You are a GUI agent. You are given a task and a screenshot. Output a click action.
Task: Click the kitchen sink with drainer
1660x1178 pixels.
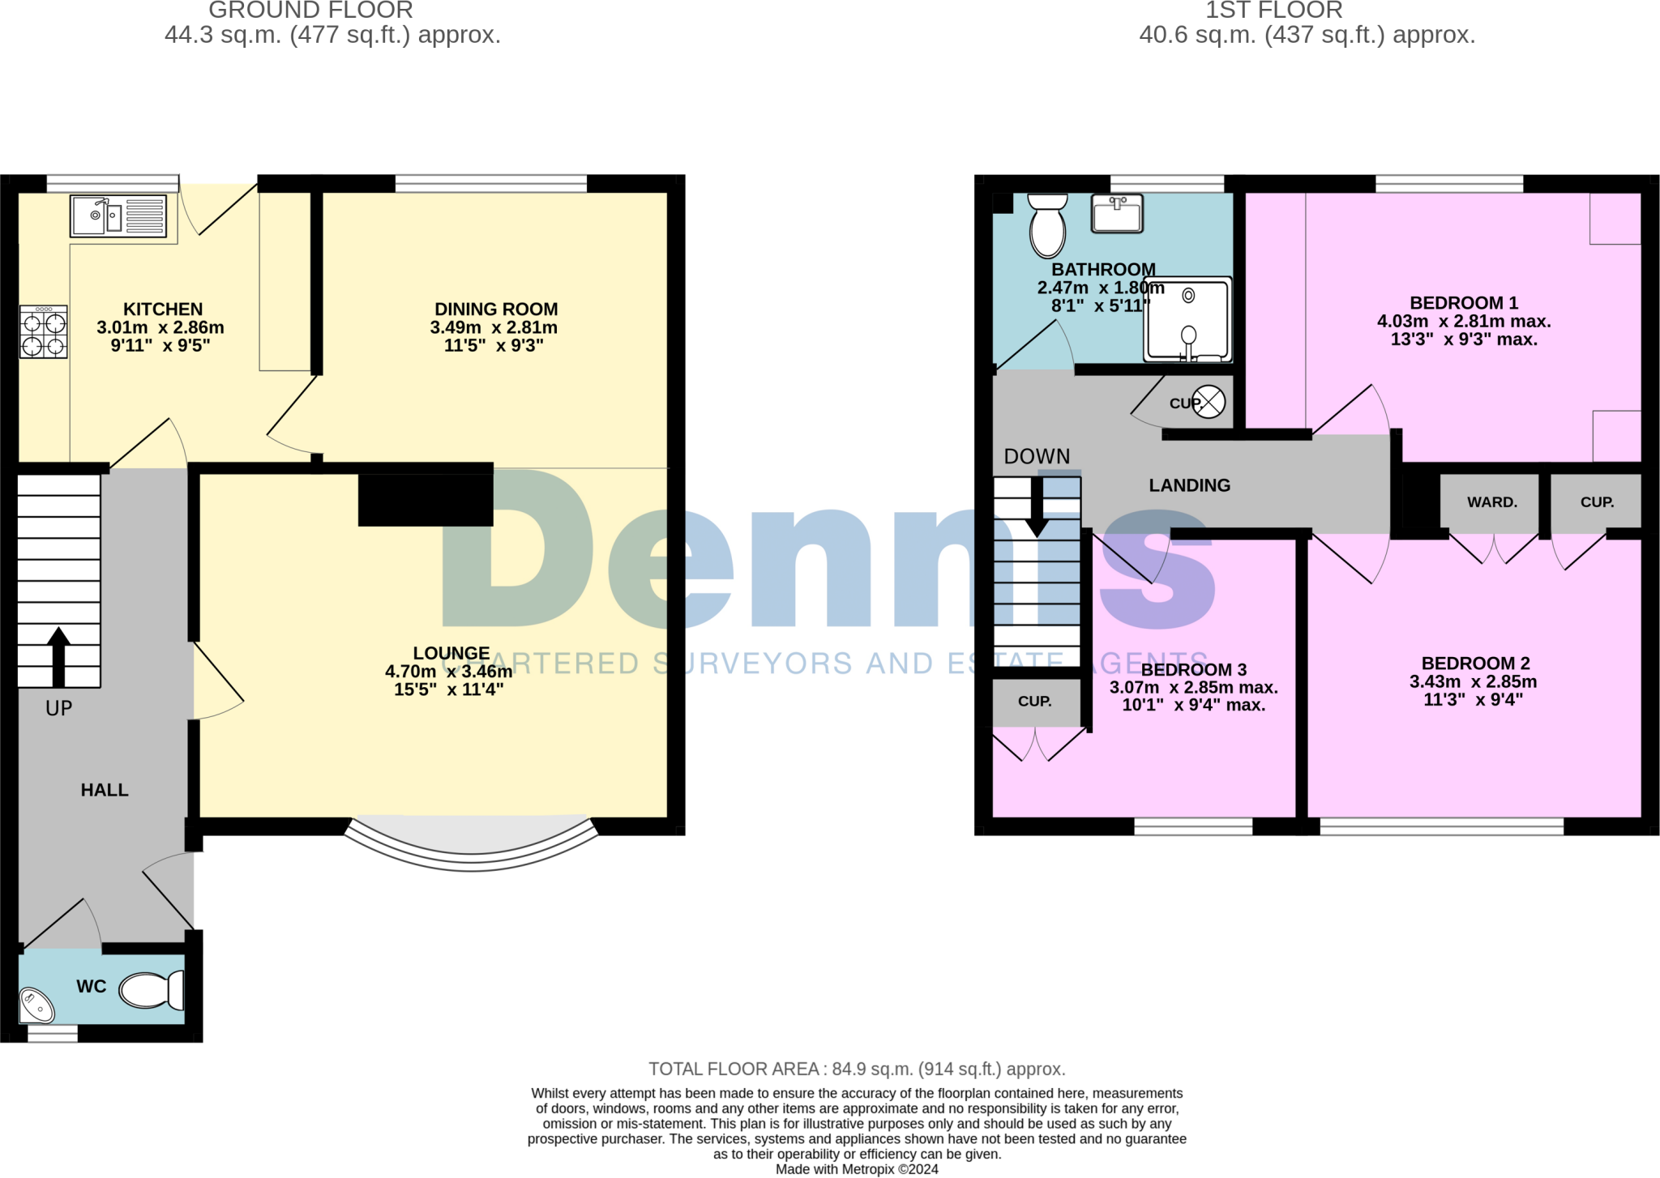[118, 216]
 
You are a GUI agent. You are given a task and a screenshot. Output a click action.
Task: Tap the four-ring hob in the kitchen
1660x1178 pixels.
[44, 332]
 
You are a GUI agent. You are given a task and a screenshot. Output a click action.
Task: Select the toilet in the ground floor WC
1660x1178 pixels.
[151, 990]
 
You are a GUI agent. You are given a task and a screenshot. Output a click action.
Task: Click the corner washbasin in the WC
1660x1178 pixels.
[36, 1005]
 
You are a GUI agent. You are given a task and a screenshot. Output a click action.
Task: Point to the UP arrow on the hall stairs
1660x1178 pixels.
[58, 656]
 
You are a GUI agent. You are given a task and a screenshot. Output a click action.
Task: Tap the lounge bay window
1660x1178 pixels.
[472, 843]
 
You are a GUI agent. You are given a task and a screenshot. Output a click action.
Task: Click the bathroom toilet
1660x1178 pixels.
[1047, 224]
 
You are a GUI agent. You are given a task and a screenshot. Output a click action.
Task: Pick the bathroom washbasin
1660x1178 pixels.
[1117, 214]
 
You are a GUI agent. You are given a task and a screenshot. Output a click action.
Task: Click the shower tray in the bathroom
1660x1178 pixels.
[1187, 320]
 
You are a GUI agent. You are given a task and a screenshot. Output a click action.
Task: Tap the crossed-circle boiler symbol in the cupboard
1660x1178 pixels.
[1209, 402]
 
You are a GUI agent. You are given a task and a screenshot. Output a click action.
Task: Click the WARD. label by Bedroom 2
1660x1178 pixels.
[1491, 502]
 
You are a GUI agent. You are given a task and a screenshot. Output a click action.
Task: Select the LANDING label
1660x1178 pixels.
[1189, 485]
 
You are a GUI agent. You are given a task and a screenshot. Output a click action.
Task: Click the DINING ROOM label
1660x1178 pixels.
[496, 309]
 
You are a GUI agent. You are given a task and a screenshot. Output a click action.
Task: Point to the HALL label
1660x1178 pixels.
[105, 790]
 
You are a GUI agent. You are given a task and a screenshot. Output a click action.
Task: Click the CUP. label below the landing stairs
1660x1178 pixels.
[1034, 702]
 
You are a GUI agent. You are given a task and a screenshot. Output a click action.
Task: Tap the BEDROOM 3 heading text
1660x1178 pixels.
[1193, 670]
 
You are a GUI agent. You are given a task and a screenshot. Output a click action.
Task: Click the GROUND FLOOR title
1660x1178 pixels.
[310, 11]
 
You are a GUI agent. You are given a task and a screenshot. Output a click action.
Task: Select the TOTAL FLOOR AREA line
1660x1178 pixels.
[857, 1069]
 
